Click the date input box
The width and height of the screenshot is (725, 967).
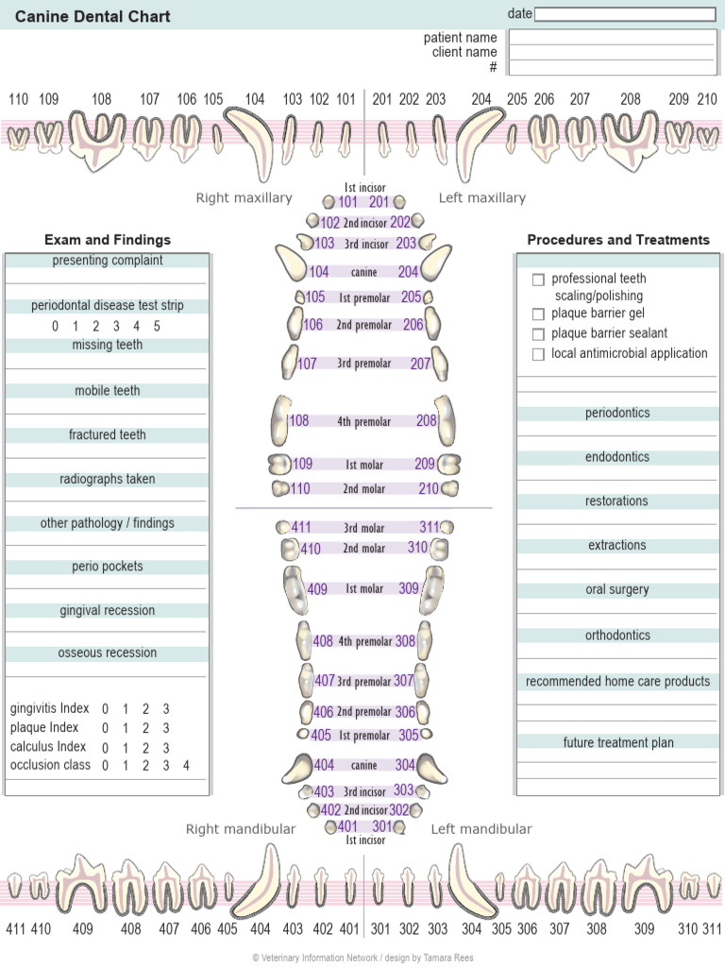click(625, 14)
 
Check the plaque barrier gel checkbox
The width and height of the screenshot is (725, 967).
click(539, 314)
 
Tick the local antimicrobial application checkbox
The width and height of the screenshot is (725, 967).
click(539, 354)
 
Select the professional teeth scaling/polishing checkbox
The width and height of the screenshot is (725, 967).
click(539, 280)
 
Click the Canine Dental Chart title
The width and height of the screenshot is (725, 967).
click(93, 16)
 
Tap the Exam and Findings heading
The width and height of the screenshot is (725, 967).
click(108, 240)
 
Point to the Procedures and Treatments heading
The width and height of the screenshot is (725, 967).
click(618, 240)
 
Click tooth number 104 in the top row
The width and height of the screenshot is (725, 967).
click(255, 99)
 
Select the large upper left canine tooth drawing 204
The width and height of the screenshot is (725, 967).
click(477, 142)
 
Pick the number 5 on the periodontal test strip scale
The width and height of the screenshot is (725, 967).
click(157, 327)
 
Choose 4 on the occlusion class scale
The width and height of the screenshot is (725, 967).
click(186, 766)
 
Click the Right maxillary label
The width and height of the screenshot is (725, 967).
click(244, 198)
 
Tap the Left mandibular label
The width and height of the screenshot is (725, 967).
click(481, 829)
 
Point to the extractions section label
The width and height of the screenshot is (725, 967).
click(617, 546)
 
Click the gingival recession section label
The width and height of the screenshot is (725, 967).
click(108, 611)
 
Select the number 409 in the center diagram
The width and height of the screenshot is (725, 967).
click(317, 589)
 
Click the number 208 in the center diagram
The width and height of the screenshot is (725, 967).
click(427, 421)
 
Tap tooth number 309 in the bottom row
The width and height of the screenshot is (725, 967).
click(644, 929)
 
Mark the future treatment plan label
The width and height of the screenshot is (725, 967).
click(618, 743)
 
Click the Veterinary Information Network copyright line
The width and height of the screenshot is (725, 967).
click(362, 958)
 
